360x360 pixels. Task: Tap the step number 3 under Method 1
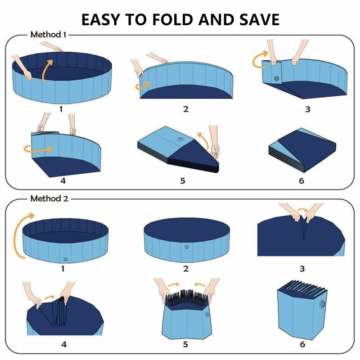coord(308,109)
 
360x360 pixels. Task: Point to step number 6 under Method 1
coord(301,180)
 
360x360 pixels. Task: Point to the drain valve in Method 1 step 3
coord(275,79)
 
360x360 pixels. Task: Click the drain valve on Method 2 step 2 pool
coord(186,247)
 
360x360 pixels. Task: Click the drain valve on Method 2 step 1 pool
coord(66,259)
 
